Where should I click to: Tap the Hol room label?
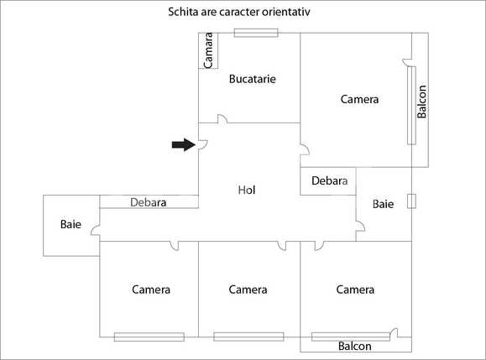[246, 190]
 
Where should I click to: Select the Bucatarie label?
[253, 79]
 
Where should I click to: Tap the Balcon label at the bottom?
[355, 346]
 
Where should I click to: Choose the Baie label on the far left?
[71, 224]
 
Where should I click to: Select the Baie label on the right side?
[383, 203]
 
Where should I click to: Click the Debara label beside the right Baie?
[329, 180]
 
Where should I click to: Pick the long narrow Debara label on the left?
[149, 202]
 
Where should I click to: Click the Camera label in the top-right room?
[359, 99]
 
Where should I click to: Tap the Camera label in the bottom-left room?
[151, 290]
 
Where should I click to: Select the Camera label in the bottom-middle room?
[248, 290]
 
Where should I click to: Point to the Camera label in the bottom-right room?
[355, 290]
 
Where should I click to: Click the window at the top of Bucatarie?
[255, 33]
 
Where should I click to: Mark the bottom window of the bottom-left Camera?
[149, 337]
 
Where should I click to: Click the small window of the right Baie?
[410, 201]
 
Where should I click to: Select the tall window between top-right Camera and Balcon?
[411, 103]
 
